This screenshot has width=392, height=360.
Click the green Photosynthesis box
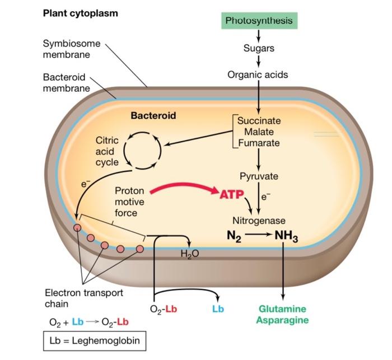coord(259,21)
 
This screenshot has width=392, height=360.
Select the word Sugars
coord(259,48)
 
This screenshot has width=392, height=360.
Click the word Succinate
coord(259,120)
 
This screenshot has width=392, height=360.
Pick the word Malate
coord(259,132)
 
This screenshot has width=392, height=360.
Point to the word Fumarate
coord(259,143)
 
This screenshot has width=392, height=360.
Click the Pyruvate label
coord(259,176)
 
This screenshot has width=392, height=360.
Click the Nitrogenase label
coord(259,221)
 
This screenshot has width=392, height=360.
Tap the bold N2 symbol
coord(234,236)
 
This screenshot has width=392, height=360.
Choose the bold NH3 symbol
coord(286,236)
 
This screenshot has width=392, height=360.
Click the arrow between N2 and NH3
coord(259,236)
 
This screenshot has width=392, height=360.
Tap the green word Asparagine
coord(282,320)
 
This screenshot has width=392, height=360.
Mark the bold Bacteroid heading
coord(153,116)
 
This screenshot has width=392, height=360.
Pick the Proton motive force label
coord(129,202)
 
